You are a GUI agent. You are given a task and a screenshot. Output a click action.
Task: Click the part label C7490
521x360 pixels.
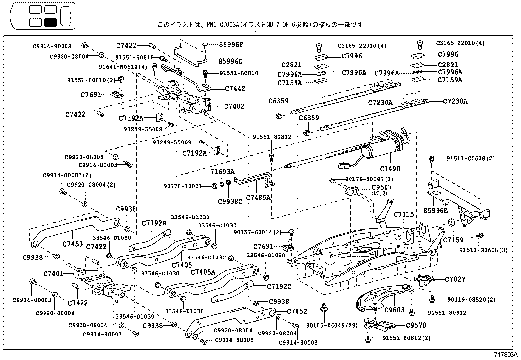(390, 169)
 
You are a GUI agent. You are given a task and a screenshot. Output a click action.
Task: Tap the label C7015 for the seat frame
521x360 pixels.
(404, 215)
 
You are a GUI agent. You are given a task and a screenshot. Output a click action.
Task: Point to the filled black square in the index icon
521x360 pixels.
(50, 22)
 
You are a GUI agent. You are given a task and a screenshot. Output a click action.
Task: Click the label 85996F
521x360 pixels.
(231, 45)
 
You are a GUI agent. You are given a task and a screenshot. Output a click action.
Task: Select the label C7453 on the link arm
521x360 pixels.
(73, 244)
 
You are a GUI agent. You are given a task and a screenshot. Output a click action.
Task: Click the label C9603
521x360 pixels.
(394, 310)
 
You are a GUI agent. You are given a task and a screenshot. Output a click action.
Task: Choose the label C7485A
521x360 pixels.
(258, 197)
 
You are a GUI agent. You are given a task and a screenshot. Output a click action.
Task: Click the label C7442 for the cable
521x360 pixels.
(235, 89)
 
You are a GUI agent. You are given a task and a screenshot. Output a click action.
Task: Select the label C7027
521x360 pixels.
(455, 279)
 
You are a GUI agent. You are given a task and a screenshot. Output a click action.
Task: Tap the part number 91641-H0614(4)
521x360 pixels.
(123, 67)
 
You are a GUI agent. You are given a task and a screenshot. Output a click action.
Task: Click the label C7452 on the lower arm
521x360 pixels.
(297, 311)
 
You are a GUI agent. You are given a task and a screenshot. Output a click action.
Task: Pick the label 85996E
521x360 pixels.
(435, 211)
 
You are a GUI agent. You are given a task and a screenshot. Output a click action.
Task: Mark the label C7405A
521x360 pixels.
(203, 272)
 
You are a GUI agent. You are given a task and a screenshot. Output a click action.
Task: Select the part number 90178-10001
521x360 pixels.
(183, 186)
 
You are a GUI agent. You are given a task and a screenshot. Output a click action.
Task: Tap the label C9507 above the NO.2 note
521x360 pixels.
(382, 187)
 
